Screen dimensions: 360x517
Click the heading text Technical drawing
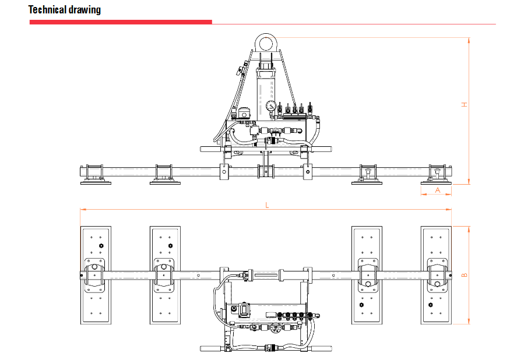(x=65, y=10)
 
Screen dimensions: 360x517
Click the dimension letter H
(x=465, y=105)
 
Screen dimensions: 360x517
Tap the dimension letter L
(x=266, y=204)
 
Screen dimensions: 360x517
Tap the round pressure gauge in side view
(x=270, y=107)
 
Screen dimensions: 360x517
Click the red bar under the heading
(x=121, y=22)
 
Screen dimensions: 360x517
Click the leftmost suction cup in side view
(x=96, y=182)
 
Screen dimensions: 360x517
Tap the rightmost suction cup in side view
(x=436, y=182)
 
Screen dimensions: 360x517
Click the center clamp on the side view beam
(x=266, y=172)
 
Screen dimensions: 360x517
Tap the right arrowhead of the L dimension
(x=449, y=209)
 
